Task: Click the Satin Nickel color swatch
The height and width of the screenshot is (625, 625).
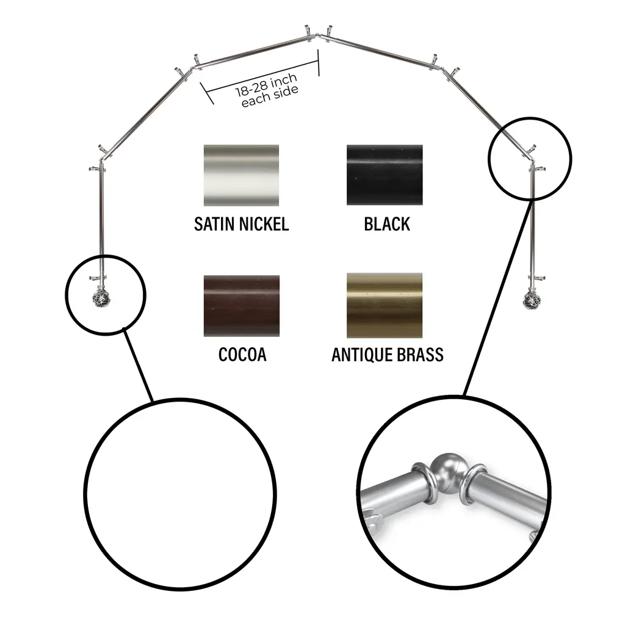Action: [241, 175]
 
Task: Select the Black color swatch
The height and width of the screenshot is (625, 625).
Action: [385, 175]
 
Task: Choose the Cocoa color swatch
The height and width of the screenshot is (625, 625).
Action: [242, 306]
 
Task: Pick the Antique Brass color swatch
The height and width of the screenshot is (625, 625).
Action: [385, 305]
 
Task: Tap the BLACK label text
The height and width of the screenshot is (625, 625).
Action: [386, 224]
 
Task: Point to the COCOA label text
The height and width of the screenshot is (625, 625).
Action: [242, 355]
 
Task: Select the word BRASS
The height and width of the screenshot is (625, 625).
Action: [419, 355]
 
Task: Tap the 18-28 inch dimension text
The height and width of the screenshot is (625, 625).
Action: [266, 85]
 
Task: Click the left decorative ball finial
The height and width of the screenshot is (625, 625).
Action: [98, 298]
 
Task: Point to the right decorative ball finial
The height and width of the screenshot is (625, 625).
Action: [531, 300]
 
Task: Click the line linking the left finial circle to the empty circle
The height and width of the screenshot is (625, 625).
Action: [138, 364]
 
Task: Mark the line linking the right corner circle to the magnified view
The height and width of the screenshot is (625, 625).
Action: [499, 298]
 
